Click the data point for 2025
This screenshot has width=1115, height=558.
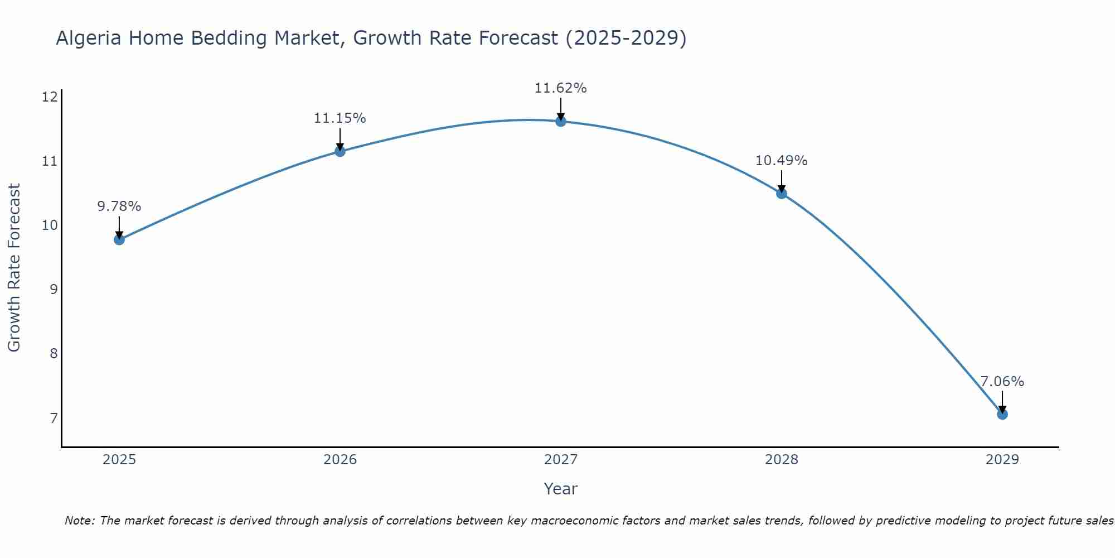coord(119,240)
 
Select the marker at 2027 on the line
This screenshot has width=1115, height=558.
coord(561,122)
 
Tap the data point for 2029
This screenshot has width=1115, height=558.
coord(1002,414)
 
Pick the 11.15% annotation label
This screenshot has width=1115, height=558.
coord(340,118)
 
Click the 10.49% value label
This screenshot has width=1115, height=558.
coord(781,161)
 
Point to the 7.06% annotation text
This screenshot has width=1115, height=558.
coord(1002,382)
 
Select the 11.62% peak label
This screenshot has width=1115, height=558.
coord(560,88)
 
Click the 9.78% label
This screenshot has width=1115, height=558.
coord(119,206)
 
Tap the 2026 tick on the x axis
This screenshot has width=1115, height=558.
coord(340,460)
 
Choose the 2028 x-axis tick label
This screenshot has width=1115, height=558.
coord(781,460)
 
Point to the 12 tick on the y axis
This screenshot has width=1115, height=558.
coord(50,97)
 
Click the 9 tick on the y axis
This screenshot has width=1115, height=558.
coord(54,290)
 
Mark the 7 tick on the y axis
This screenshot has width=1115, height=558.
coord(54,418)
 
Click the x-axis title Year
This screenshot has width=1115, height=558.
coord(560,489)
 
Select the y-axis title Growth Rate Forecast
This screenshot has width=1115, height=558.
coord(14,268)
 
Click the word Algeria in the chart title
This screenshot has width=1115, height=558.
coord(89,38)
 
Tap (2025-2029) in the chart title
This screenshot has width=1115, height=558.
coord(626,38)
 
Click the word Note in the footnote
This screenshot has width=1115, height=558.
coord(79,521)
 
